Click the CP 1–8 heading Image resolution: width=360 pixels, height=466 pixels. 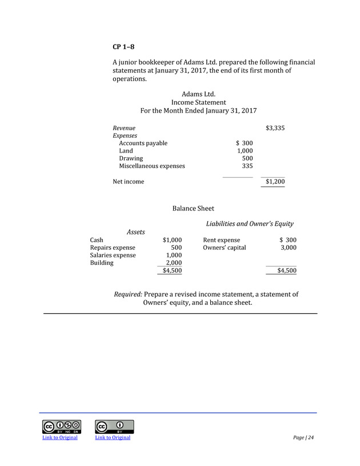tap(123, 46)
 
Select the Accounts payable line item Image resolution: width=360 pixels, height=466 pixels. tap(143, 143)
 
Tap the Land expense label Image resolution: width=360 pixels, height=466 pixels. tap(126, 151)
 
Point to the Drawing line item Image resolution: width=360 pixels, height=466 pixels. tap(131, 158)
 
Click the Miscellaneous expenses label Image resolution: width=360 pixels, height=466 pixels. tap(151, 166)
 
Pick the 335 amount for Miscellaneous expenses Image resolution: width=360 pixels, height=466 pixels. tap(247, 166)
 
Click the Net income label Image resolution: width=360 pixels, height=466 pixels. tap(128, 182)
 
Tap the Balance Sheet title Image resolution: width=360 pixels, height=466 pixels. tap(193, 209)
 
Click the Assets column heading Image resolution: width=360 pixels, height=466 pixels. tap(135, 232)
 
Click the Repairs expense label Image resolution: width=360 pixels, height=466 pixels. tap(113, 248)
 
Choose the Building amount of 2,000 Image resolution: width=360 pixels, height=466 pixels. tap(173, 263)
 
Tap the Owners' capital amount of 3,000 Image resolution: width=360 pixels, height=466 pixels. tap(287, 248)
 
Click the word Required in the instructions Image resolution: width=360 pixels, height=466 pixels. tap(128, 294)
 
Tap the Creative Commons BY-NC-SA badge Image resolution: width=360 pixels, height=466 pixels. tap(61, 427)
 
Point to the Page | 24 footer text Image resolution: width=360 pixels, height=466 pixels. tap(303, 438)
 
